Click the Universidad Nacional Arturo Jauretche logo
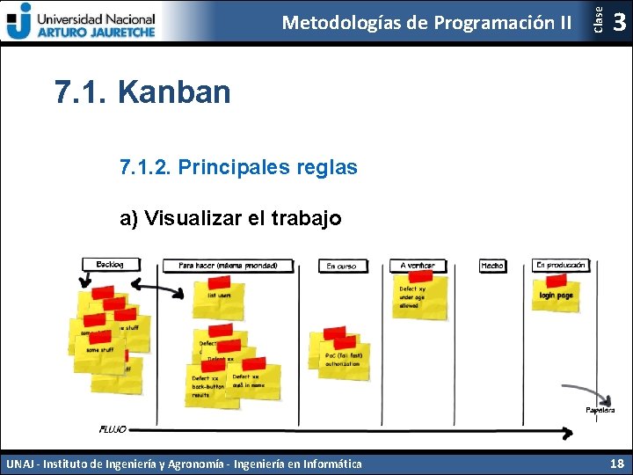[x=81, y=21]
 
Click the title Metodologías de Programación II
[x=426, y=22]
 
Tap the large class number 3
[x=619, y=22]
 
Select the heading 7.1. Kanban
[x=142, y=91]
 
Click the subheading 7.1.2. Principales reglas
[x=238, y=166]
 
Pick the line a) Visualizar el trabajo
[x=230, y=217]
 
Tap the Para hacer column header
[x=228, y=265]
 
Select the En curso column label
[x=341, y=266]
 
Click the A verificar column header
[x=417, y=266]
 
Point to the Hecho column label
[x=492, y=266]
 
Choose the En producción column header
[x=560, y=265]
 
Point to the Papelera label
[x=600, y=410]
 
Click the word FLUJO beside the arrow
[x=113, y=429]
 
